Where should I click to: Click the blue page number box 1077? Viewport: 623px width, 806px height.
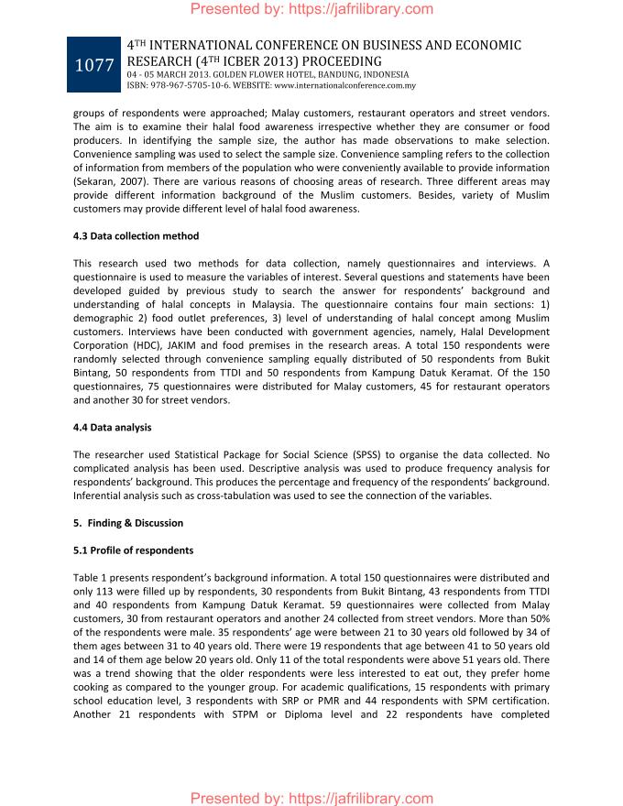point(93,65)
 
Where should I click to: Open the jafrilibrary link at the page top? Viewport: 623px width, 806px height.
point(311,9)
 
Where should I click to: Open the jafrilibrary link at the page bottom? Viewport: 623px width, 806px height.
point(311,799)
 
